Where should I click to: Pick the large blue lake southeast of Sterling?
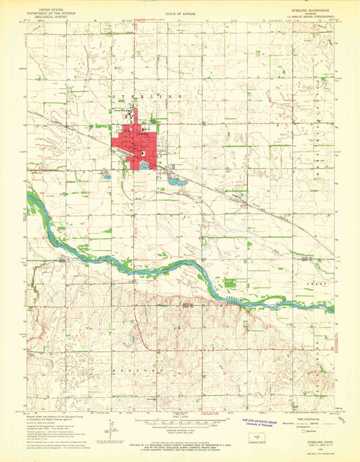click(178, 180)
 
